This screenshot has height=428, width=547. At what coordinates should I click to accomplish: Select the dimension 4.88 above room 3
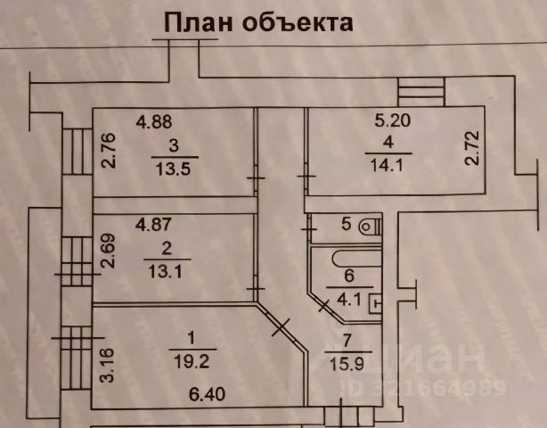point(152,122)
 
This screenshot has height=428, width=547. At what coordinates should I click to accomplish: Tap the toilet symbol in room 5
point(368,226)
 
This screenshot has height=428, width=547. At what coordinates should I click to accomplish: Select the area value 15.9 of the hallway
point(348,365)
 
